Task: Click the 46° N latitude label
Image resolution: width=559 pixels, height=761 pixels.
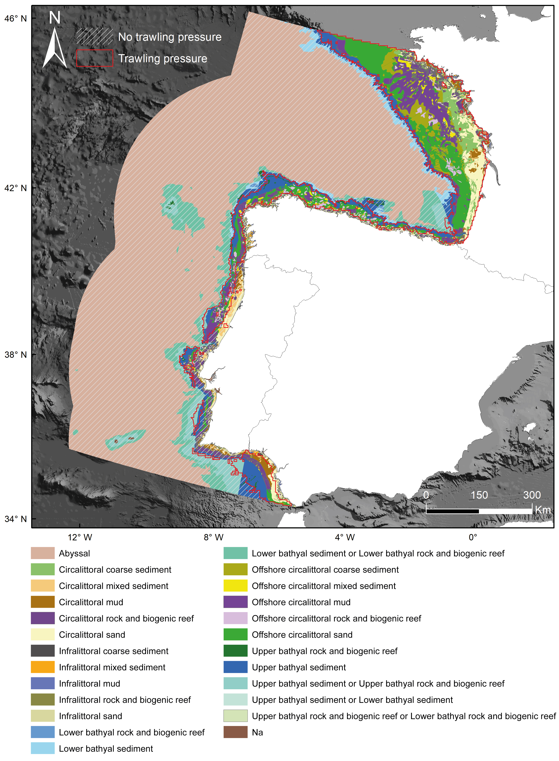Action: tap(15, 18)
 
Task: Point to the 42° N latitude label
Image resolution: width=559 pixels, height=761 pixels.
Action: tap(15, 188)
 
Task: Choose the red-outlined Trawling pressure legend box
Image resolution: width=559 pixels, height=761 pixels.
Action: tap(94, 58)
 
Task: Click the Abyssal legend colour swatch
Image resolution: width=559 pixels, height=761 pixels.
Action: tap(43, 553)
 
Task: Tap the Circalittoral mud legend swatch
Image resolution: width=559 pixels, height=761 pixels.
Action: tap(43, 602)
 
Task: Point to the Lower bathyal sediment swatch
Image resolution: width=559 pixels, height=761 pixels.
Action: tap(43, 749)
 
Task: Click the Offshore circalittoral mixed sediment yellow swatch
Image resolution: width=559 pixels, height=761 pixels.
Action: tap(235, 586)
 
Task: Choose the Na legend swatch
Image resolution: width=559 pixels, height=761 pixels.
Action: tap(235, 732)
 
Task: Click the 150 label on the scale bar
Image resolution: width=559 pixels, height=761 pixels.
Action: tap(479, 495)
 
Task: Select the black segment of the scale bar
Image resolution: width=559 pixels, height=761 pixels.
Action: tap(452, 511)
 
